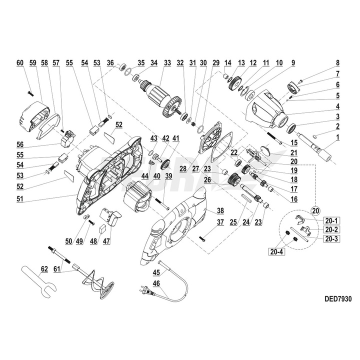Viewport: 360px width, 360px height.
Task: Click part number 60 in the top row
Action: [20, 63]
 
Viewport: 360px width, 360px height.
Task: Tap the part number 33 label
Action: [166, 63]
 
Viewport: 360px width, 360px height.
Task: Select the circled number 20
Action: [314, 210]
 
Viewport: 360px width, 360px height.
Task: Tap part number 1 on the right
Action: [337, 137]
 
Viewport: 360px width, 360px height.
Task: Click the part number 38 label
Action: [219, 211]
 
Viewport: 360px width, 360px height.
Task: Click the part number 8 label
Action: [337, 63]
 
